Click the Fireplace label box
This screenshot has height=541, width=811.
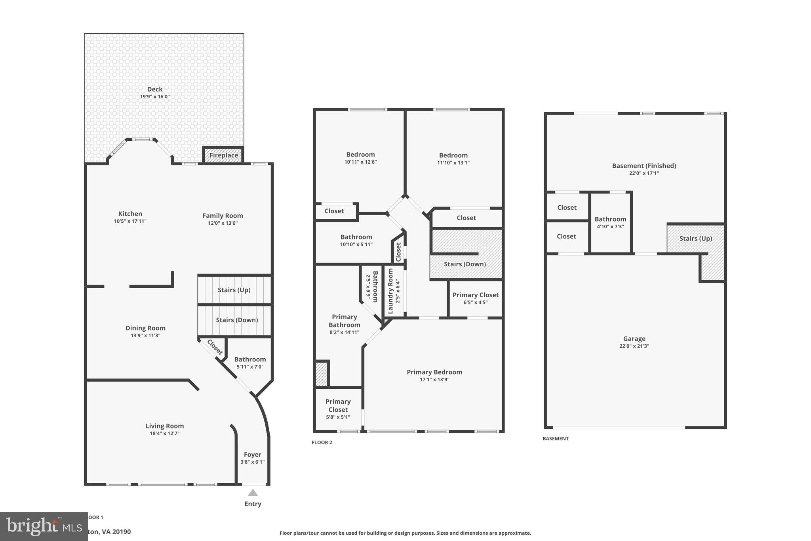[x=224, y=155]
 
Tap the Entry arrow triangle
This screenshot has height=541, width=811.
[x=253, y=493]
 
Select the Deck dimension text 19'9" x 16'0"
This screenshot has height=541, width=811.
[x=155, y=97]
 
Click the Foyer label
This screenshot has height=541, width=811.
[x=253, y=455]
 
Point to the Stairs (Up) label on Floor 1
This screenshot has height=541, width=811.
[x=234, y=290]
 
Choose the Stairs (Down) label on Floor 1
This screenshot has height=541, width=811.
[x=237, y=320]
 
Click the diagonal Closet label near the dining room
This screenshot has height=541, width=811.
[x=215, y=347]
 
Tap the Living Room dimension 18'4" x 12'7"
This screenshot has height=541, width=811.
[x=164, y=433]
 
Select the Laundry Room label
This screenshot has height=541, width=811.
[x=390, y=291]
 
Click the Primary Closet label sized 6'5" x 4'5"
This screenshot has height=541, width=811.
[x=476, y=295]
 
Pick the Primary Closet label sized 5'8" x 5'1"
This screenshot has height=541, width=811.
[x=338, y=405]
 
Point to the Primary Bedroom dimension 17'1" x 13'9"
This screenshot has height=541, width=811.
[x=434, y=379]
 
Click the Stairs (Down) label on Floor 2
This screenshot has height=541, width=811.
[x=465, y=264]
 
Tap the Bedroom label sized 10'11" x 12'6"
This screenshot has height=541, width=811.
[x=360, y=155]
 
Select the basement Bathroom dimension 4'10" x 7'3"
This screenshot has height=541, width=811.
[x=610, y=226]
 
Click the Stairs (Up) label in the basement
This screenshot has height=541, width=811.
[x=695, y=238]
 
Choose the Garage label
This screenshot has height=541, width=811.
[x=634, y=338]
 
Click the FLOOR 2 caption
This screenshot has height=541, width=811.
[x=322, y=442]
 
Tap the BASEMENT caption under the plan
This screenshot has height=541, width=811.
[x=556, y=438]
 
